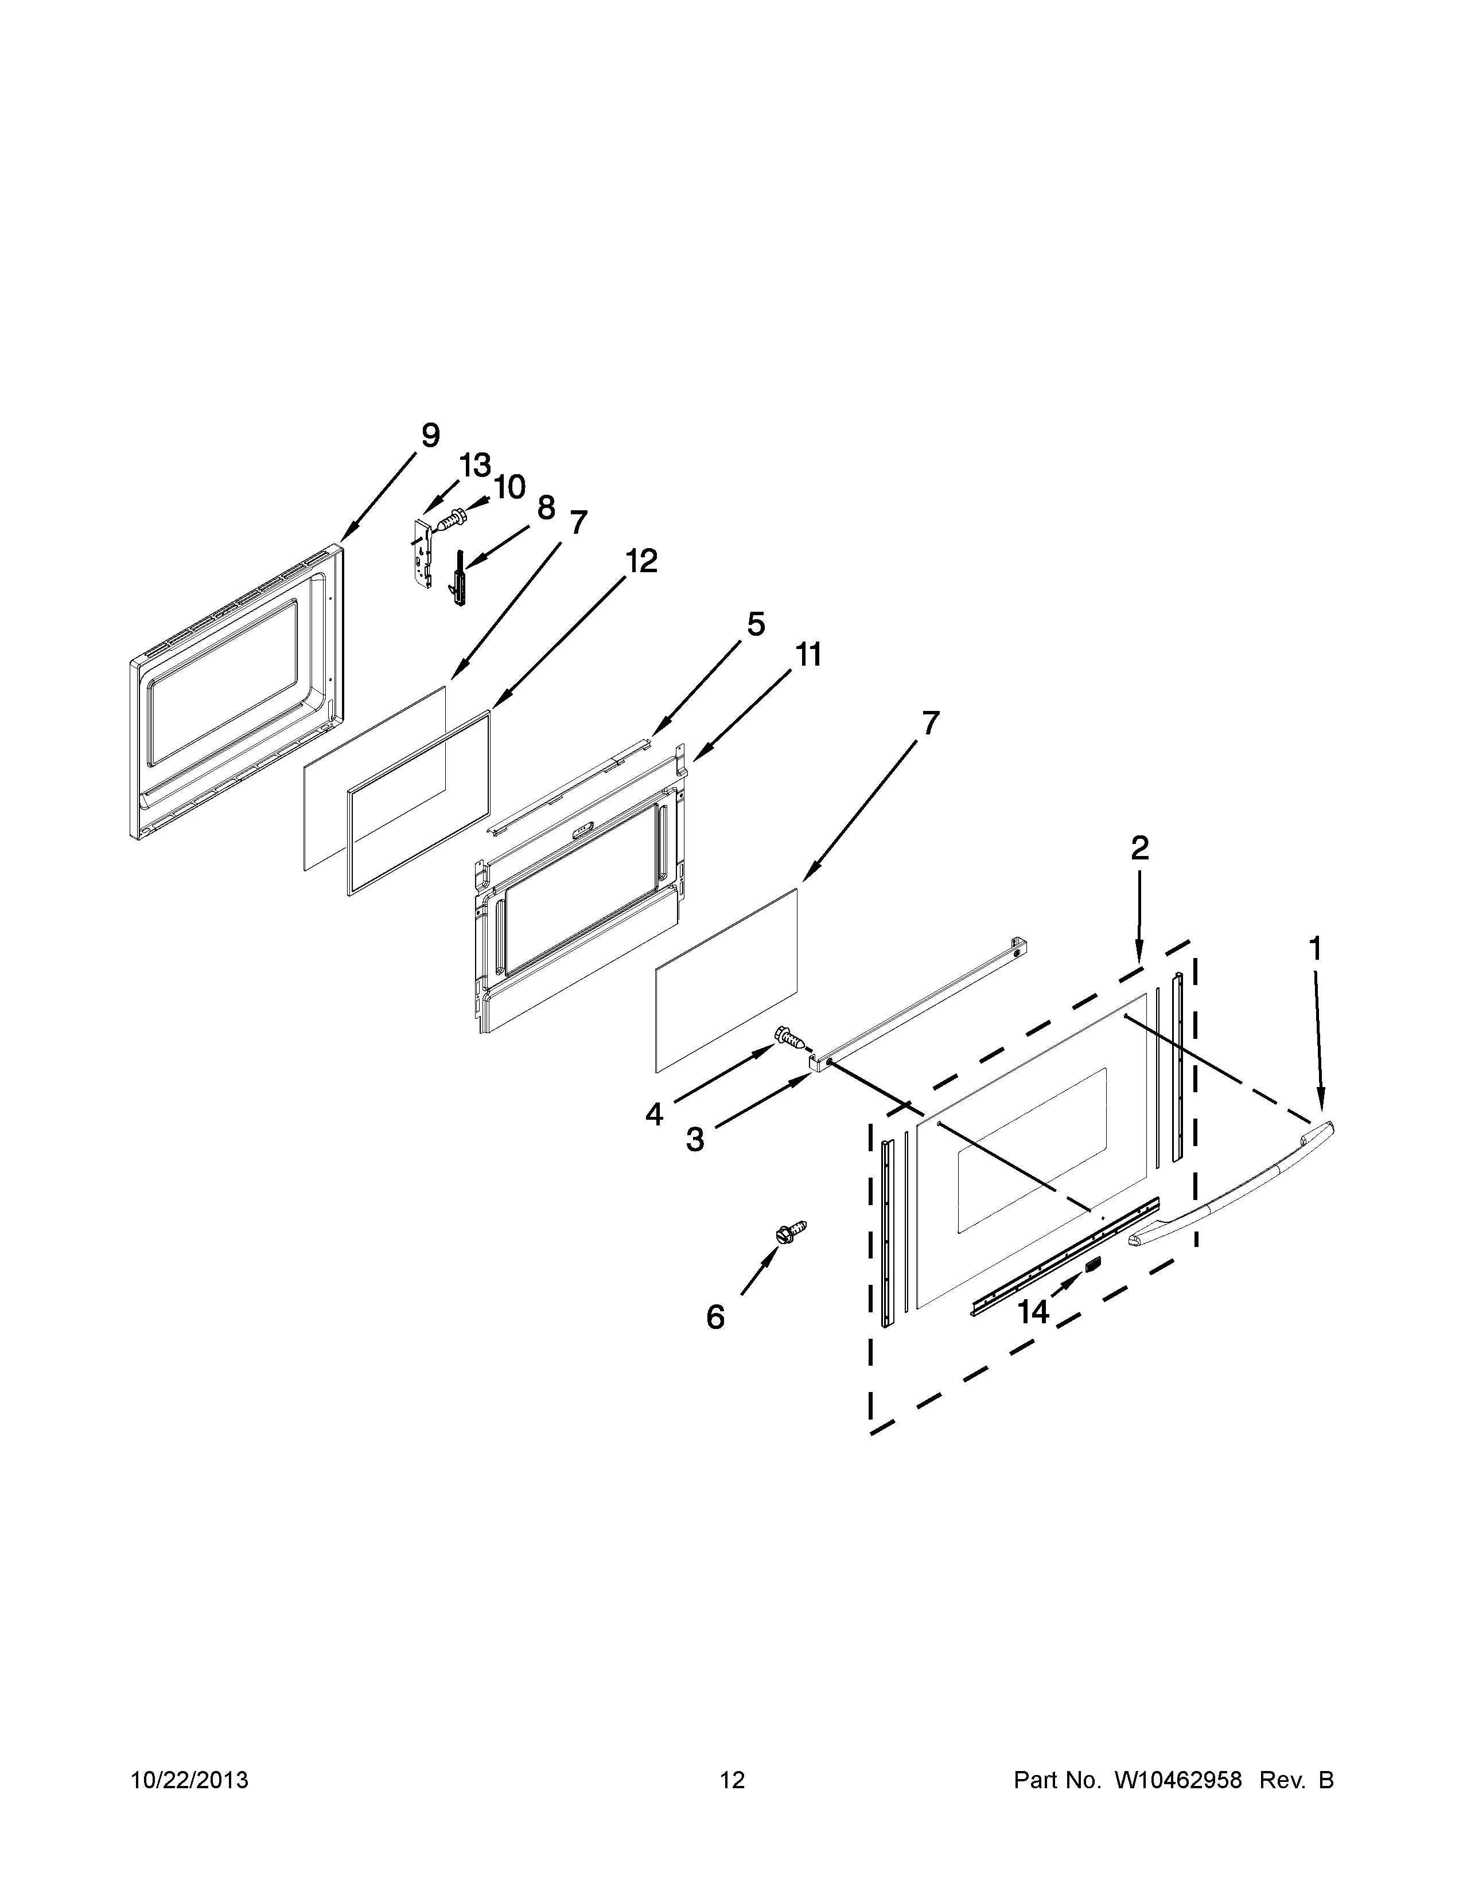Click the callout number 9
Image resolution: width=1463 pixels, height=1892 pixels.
(x=430, y=435)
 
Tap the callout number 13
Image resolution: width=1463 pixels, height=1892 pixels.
(x=475, y=466)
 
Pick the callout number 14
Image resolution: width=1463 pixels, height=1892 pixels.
(x=1033, y=1312)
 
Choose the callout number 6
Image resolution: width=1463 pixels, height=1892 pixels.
(x=715, y=1318)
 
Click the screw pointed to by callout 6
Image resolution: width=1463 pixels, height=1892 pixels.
(x=791, y=1230)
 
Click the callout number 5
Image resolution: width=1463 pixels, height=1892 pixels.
(x=756, y=624)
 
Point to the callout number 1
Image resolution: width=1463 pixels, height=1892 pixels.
(x=1315, y=949)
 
